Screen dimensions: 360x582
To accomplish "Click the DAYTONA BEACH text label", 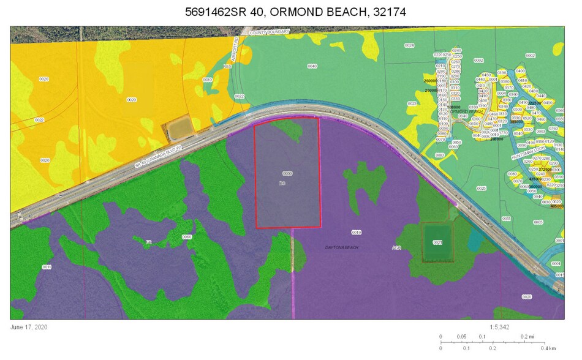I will point(341,247).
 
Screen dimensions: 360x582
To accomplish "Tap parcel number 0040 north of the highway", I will point(312,66).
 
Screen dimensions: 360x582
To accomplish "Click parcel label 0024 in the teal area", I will point(409,46).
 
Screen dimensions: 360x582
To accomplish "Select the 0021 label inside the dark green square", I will point(437,242).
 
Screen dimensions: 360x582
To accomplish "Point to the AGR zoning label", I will point(397,247).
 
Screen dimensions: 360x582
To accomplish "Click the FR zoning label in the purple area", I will point(148,243).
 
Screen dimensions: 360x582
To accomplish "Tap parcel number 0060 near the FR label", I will point(187,237).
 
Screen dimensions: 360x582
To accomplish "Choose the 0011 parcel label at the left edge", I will point(47,267).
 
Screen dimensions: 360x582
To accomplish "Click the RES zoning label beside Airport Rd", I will point(227,66).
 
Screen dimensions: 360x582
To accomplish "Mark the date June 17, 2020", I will point(29,327).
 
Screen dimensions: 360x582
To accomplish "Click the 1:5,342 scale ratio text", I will point(501,328).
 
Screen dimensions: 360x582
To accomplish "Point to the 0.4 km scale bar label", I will point(548,348).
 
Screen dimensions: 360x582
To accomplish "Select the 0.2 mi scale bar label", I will point(526,337).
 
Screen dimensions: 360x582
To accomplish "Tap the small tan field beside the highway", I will point(179,129).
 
